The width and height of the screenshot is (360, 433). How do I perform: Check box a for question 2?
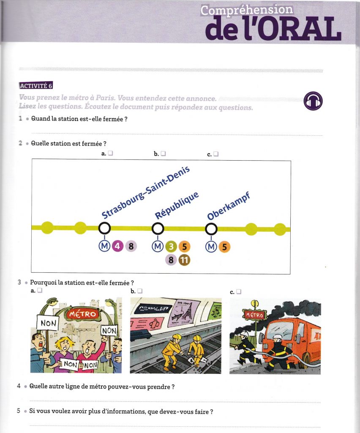point(110,154)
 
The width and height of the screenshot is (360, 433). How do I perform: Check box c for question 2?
point(216,154)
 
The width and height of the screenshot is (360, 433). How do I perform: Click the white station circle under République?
point(158,229)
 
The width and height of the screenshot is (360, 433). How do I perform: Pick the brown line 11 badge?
point(184,260)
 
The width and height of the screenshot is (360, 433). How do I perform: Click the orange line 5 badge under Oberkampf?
point(224,247)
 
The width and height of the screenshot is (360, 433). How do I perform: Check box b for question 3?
point(140,291)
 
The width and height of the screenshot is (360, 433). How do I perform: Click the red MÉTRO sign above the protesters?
point(82,314)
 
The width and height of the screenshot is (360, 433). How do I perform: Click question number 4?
point(19,386)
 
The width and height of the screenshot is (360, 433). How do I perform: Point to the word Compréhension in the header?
point(246,10)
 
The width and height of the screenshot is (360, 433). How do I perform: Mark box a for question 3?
point(40,291)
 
